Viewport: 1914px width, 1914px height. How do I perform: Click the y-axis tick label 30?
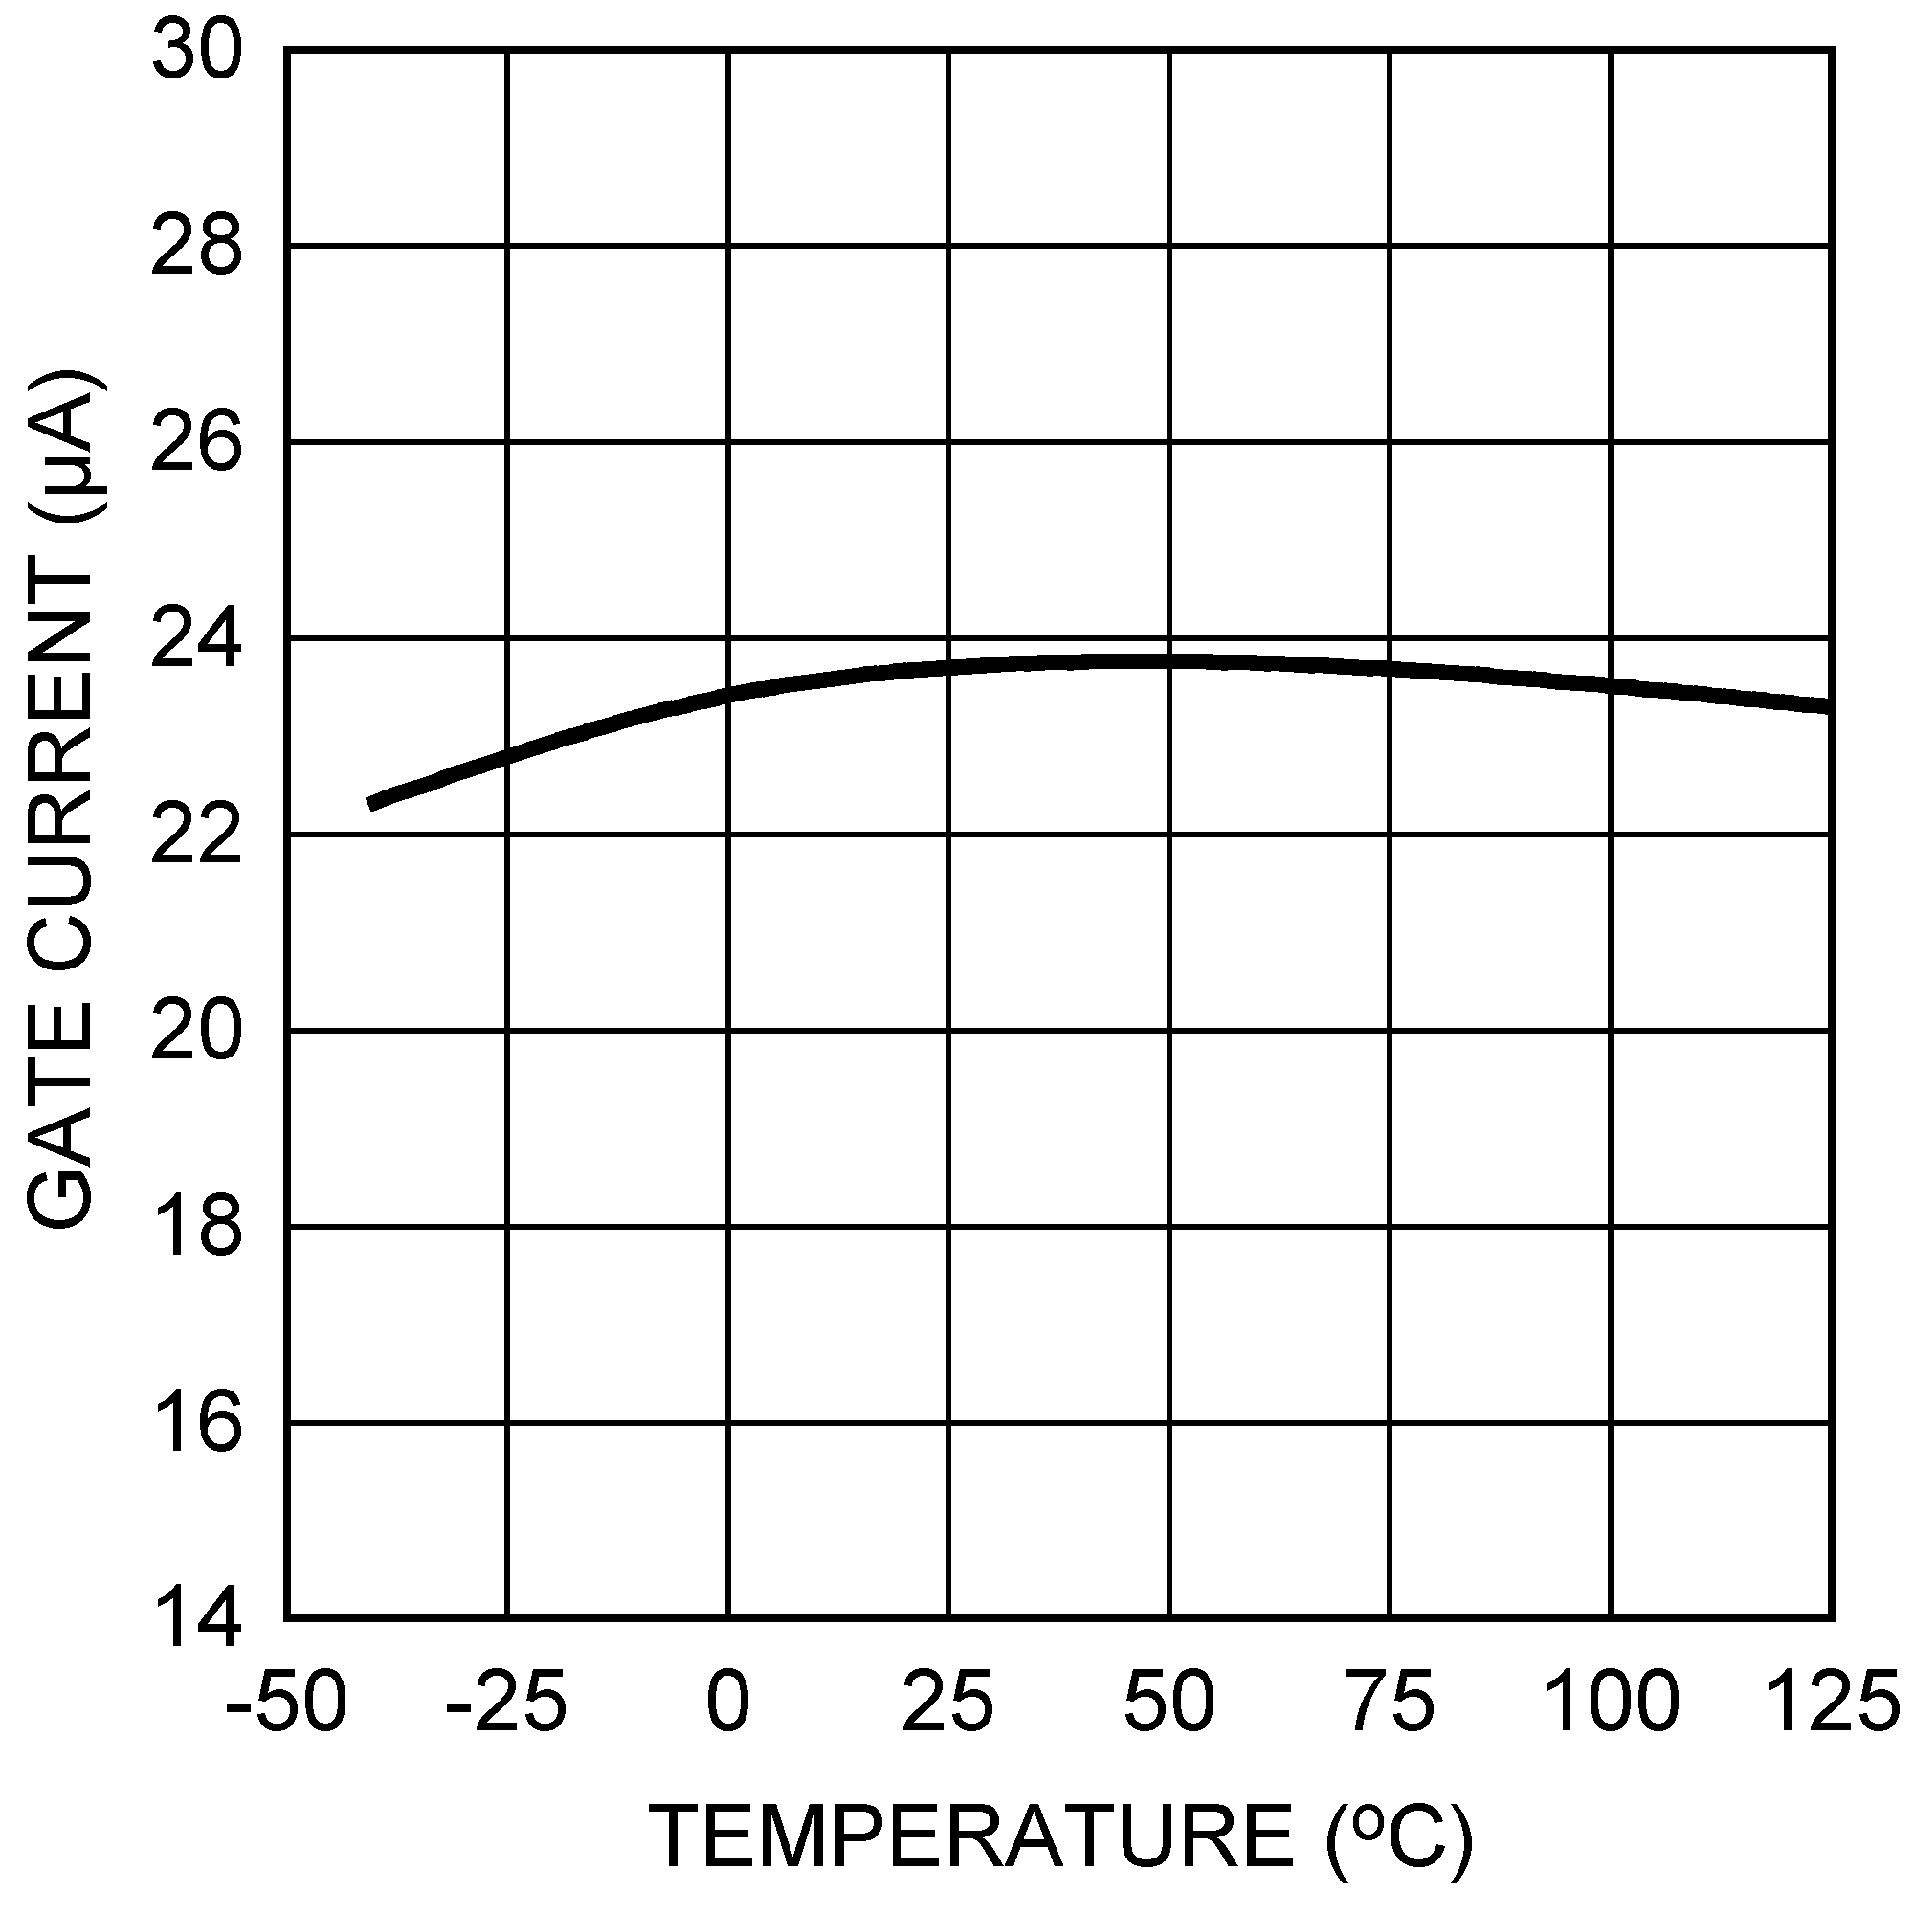(x=196, y=53)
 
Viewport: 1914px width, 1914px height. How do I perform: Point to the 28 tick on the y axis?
(x=196, y=248)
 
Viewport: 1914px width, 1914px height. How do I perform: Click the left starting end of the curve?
(x=371, y=804)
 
